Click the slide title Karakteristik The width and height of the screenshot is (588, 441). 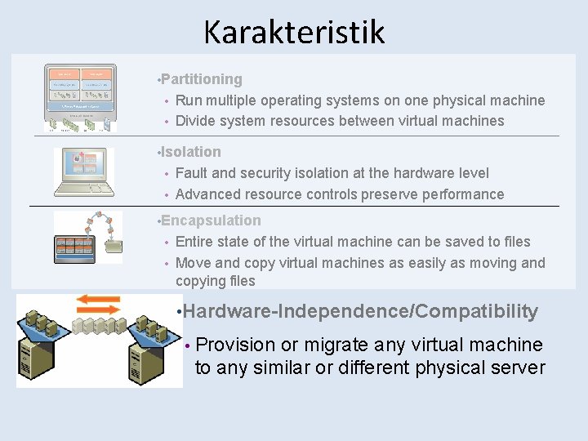point(293,33)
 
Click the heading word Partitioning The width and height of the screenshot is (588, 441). point(202,79)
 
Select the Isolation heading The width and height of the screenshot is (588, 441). point(191,152)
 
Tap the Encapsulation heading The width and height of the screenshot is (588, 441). point(211,220)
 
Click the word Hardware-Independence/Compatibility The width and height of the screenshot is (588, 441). point(367,311)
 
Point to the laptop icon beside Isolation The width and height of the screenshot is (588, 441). point(82,171)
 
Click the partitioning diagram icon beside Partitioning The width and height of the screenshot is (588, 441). point(80,97)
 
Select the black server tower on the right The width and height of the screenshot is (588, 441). point(147,359)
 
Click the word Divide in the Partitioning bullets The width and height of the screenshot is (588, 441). point(196,121)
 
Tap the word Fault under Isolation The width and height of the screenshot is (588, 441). point(191,173)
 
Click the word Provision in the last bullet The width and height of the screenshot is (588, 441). point(236,345)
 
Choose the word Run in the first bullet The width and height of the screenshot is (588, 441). point(189,100)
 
